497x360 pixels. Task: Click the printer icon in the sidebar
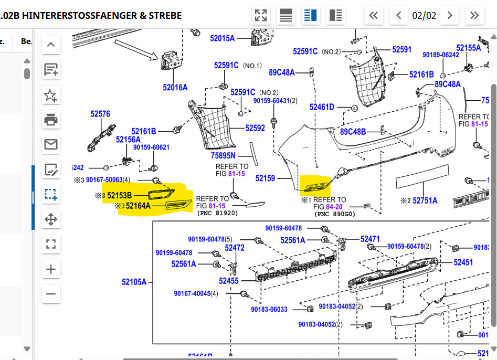[x=51, y=120]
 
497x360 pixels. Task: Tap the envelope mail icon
[x=51, y=144]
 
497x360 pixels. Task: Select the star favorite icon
[x=51, y=95]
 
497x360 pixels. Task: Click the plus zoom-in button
[x=51, y=270]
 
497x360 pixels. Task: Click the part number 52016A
[x=175, y=88]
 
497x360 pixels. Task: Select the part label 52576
[x=100, y=114]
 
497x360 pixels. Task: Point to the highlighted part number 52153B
[x=120, y=196]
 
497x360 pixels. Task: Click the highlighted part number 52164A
[x=138, y=206]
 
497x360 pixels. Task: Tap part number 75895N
[x=223, y=156]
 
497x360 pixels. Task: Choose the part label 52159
[x=265, y=178]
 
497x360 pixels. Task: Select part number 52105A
[x=134, y=282]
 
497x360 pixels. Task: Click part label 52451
[x=463, y=262]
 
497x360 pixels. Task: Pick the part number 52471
[x=370, y=239]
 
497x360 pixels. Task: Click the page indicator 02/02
[x=424, y=15]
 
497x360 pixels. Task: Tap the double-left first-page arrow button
[x=374, y=15]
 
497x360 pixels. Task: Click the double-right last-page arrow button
[x=474, y=15]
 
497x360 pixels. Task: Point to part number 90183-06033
[x=269, y=310]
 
